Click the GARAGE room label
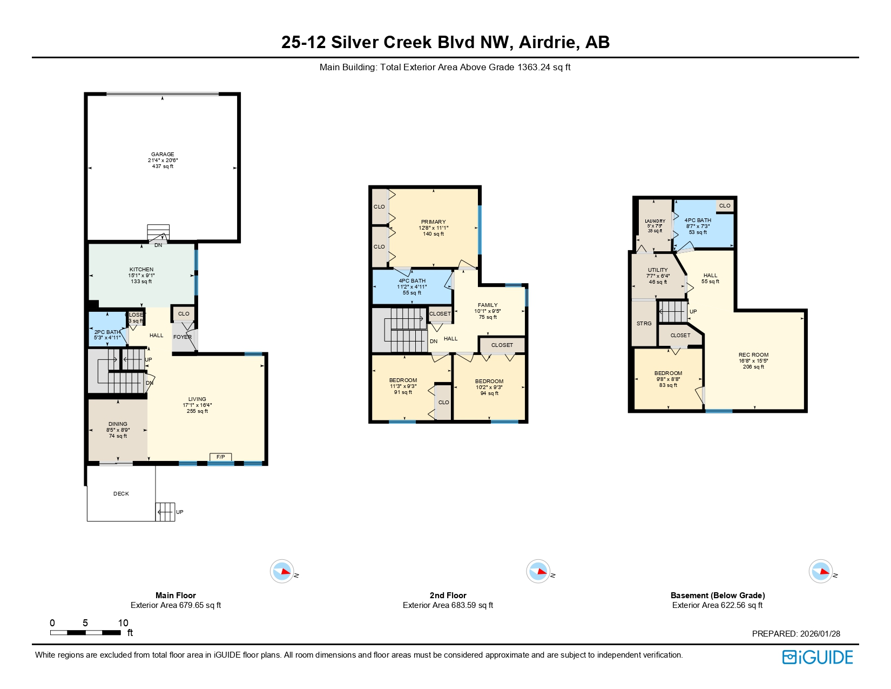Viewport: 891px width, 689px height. click(163, 155)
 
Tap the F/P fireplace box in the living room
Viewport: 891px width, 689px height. click(220, 457)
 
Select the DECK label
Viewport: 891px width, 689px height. click(121, 494)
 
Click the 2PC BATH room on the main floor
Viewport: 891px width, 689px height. click(107, 332)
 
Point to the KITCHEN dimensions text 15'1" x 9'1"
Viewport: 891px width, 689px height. click(141, 276)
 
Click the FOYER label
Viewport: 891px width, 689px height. click(182, 337)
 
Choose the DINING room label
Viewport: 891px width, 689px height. click(118, 424)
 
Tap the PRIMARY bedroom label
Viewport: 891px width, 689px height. click(433, 222)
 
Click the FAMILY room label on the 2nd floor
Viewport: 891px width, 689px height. click(488, 305)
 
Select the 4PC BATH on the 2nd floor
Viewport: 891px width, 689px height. click(412, 281)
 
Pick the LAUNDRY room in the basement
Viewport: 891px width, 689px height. click(655, 221)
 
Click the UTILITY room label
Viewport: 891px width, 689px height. click(658, 270)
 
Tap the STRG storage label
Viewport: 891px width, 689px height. click(644, 324)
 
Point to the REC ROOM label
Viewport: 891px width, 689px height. click(753, 355)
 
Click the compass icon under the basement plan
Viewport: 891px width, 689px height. click(820, 571)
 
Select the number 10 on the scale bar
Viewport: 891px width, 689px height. click(123, 623)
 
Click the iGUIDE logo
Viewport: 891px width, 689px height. click(818, 657)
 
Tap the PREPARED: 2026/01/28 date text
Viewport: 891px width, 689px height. click(796, 634)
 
